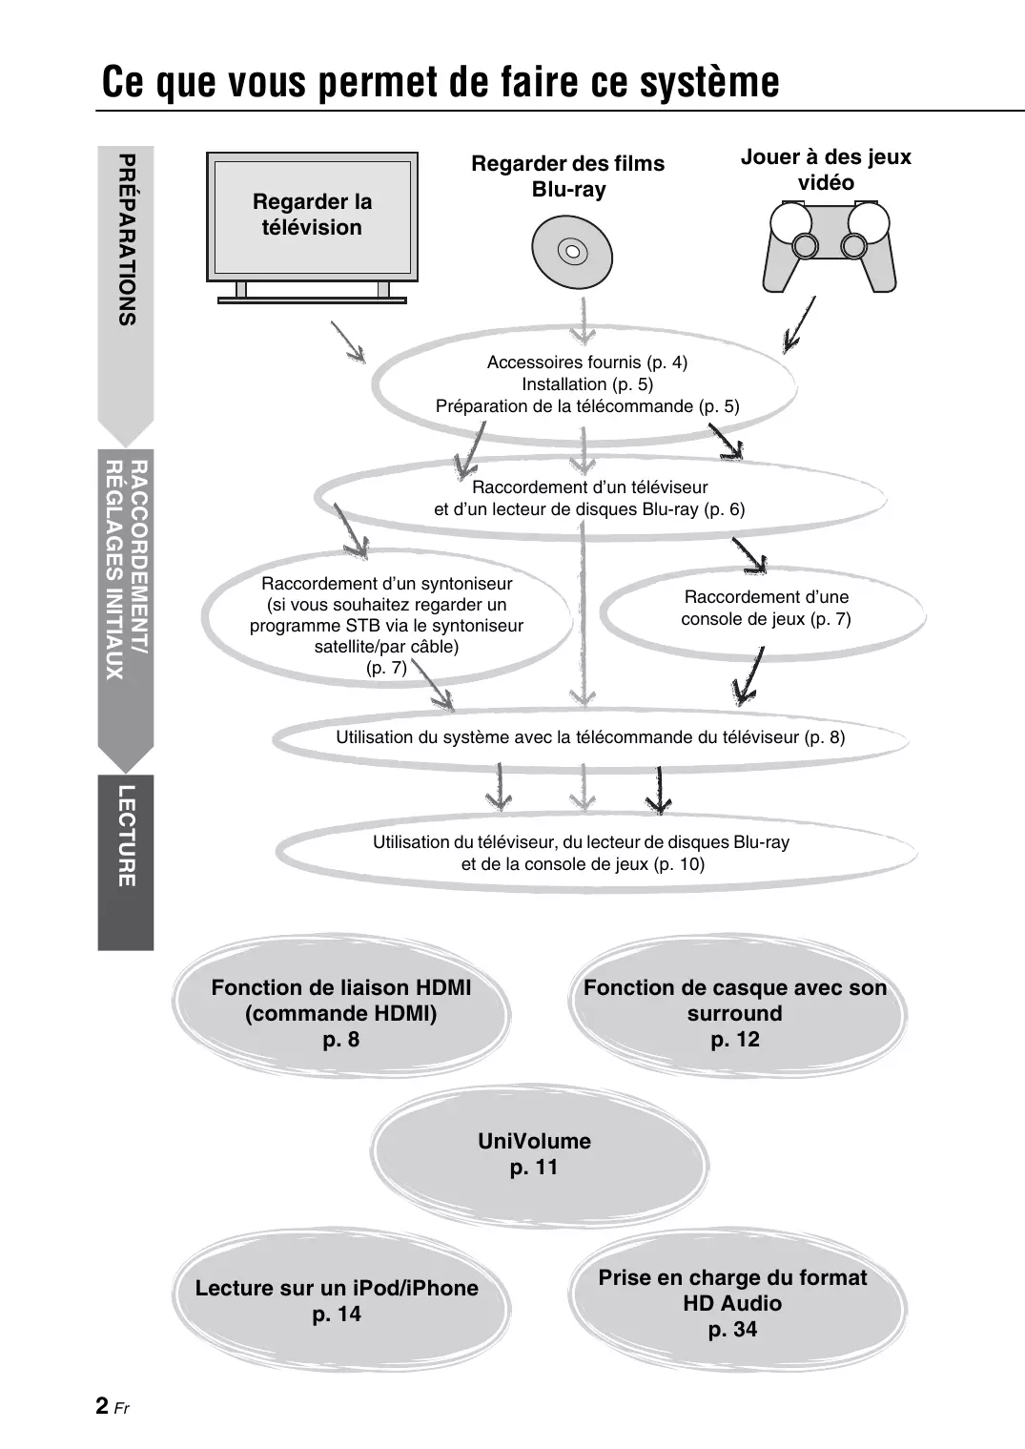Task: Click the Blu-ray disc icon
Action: pyautogui.click(x=572, y=253)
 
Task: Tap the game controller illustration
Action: pyautogui.click(x=829, y=246)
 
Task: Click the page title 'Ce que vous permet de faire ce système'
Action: pyautogui.click(x=441, y=82)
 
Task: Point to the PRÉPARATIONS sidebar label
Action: pyautogui.click(x=126, y=240)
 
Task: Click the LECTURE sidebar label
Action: pyautogui.click(x=126, y=837)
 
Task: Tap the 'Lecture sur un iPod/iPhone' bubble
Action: pyautogui.click(x=338, y=1301)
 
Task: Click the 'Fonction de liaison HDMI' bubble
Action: pyautogui.click(x=341, y=1013)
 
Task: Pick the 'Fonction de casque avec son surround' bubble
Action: pyautogui.click(x=734, y=1013)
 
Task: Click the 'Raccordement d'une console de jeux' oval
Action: pyautogui.click(x=766, y=609)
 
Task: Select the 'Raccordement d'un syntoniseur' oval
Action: pyautogui.click(x=386, y=625)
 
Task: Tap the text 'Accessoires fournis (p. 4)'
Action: pyautogui.click(x=586, y=362)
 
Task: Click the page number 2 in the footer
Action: pyautogui.click(x=102, y=1406)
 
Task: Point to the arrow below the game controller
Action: pyautogui.click(x=799, y=325)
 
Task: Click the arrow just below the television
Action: pyautogui.click(x=348, y=342)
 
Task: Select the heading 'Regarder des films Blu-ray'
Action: pyautogui.click(x=568, y=176)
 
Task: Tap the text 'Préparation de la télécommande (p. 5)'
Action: pyautogui.click(x=587, y=406)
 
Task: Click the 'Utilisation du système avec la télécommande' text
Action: pyautogui.click(x=589, y=737)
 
